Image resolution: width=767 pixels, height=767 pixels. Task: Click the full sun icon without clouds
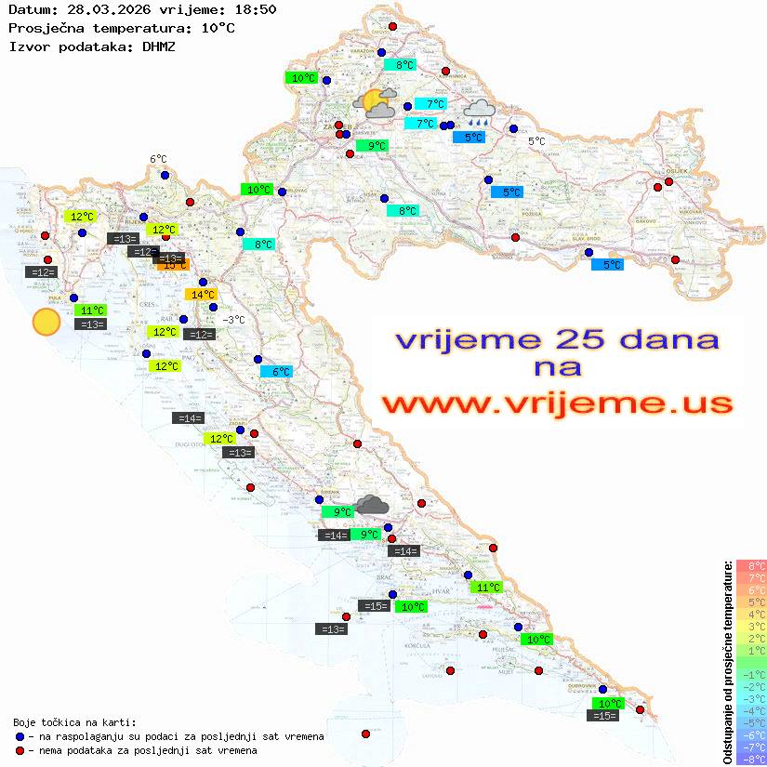[46, 322]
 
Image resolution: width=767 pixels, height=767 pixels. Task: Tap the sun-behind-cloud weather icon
[375, 103]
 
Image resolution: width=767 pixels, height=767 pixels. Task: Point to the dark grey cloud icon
[372, 505]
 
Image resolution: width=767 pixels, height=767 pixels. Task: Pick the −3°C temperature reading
[234, 320]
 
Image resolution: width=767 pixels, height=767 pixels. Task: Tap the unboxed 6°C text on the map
[158, 159]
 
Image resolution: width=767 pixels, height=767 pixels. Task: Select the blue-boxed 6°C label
[276, 372]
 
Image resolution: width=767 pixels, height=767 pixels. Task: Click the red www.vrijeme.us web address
[557, 403]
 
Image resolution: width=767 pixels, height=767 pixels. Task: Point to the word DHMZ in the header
[158, 45]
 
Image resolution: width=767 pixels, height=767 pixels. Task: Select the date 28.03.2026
[97, 9]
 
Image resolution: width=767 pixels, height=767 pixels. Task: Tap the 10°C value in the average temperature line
[218, 27]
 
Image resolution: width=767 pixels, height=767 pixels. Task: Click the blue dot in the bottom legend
[20, 736]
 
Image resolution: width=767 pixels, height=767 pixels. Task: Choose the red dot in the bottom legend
[20, 750]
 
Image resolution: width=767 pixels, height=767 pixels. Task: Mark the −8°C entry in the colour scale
[750, 759]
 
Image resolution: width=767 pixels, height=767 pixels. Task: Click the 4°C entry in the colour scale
[751, 614]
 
